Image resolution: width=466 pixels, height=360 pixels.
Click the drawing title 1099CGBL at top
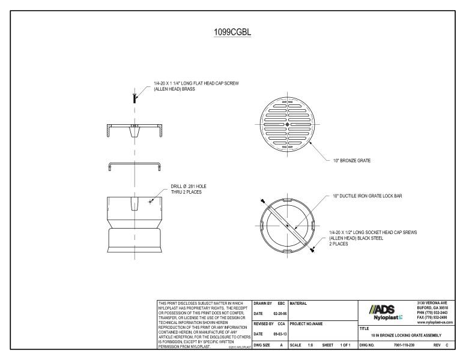coord(232,32)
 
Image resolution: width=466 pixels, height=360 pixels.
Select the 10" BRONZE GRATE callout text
coord(351,160)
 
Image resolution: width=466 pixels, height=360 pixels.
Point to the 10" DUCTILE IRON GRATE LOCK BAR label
coord(367,196)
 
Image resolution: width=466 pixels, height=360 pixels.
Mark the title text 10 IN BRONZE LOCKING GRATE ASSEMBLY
coord(406,335)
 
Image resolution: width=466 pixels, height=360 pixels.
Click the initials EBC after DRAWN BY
coord(280,302)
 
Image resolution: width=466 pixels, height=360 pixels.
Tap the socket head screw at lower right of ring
coord(312,251)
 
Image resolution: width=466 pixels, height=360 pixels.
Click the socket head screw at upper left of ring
coord(263,200)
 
